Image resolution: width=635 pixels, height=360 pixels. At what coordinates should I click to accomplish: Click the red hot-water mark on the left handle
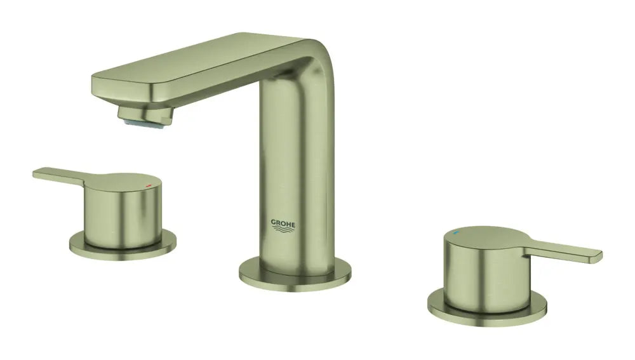click(149, 182)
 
